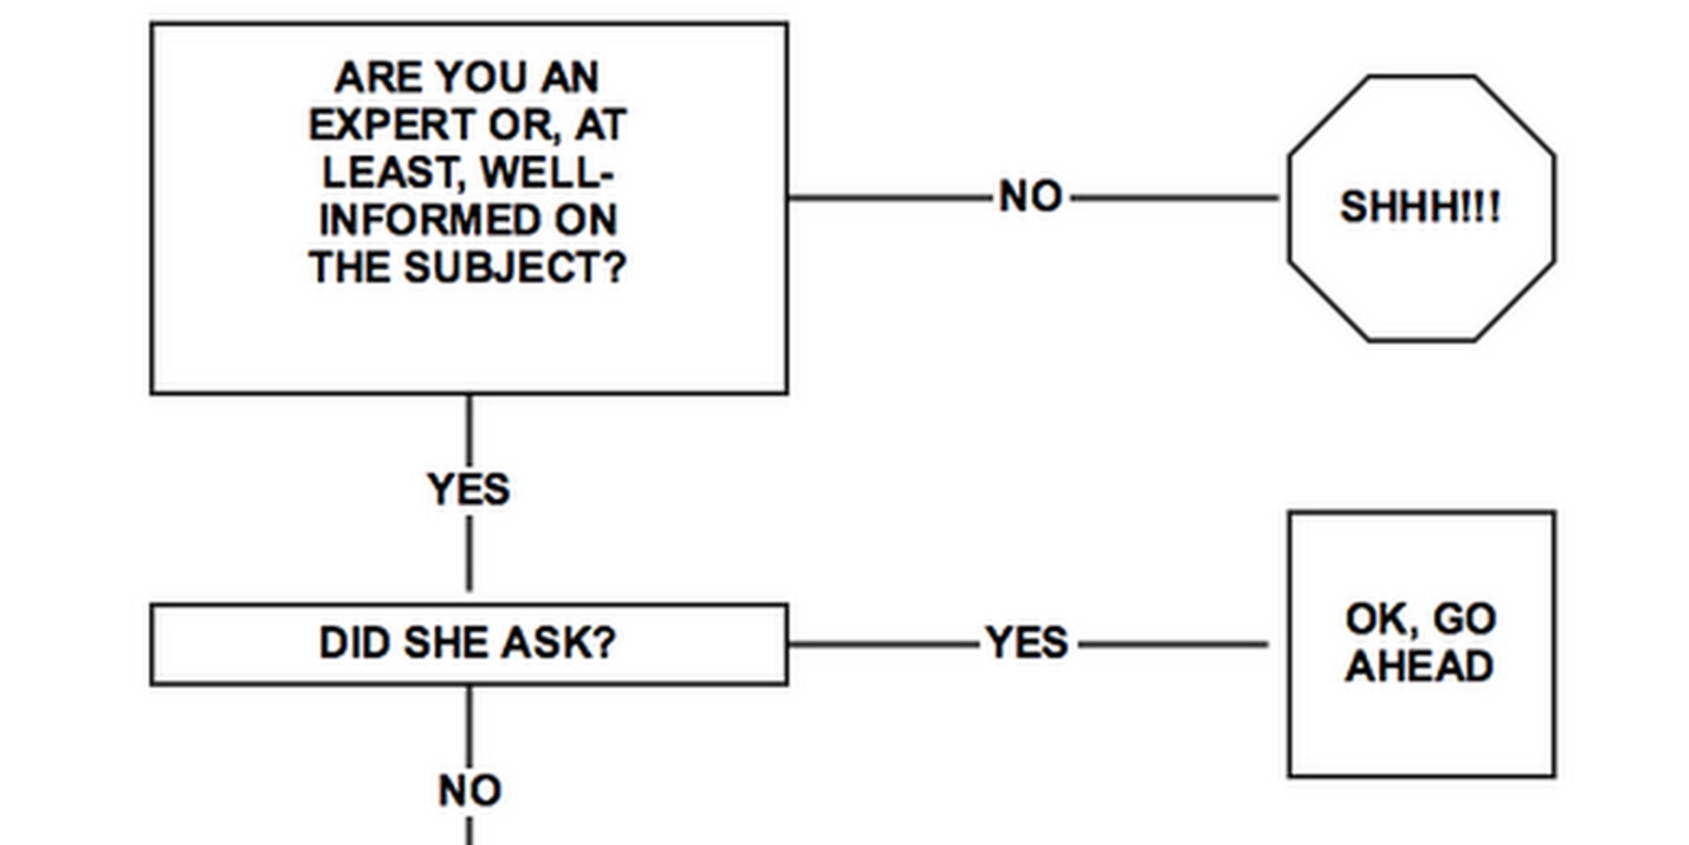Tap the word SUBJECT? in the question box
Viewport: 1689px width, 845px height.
coord(515,268)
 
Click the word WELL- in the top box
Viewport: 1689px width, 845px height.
coord(547,173)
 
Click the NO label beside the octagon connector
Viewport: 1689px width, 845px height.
coord(1030,197)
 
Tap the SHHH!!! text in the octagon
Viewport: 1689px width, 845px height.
coord(1420,207)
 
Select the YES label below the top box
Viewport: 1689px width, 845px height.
coord(468,490)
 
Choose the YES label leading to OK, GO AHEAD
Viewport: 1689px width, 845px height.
coord(1028,643)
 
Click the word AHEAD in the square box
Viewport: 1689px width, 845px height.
coord(1419,667)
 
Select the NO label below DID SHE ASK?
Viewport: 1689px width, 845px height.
coord(469,791)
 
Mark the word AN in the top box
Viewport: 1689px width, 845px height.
coord(570,78)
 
